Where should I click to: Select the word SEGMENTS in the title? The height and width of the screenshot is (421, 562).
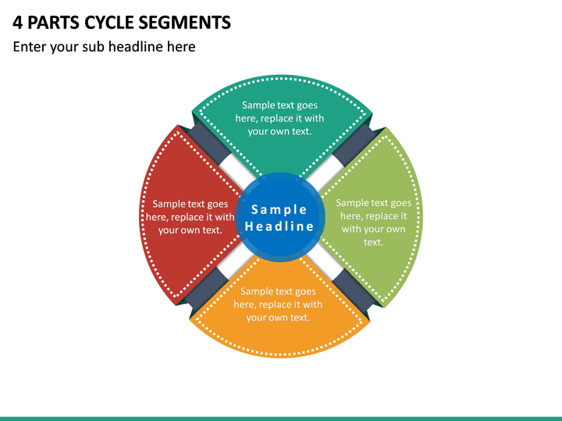(184, 23)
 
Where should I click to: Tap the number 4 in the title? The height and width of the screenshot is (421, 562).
(17, 23)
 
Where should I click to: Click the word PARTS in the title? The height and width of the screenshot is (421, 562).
(53, 23)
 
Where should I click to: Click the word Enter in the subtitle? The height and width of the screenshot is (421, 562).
(30, 47)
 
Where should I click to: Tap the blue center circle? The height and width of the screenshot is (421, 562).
(280, 215)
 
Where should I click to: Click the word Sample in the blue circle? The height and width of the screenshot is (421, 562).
(279, 210)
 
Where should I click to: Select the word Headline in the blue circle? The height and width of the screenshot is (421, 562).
(279, 226)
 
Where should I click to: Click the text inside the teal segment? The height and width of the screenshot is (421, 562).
(279, 119)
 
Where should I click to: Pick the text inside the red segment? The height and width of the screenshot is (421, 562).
(190, 217)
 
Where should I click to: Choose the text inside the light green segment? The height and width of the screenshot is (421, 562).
(373, 222)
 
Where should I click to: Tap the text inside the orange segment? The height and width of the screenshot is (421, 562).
(278, 304)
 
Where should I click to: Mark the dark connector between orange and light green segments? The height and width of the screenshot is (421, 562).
(354, 288)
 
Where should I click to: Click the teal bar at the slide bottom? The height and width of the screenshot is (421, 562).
(281, 419)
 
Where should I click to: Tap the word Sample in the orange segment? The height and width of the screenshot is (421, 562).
(255, 292)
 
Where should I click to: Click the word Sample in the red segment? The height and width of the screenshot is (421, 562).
(167, 204)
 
